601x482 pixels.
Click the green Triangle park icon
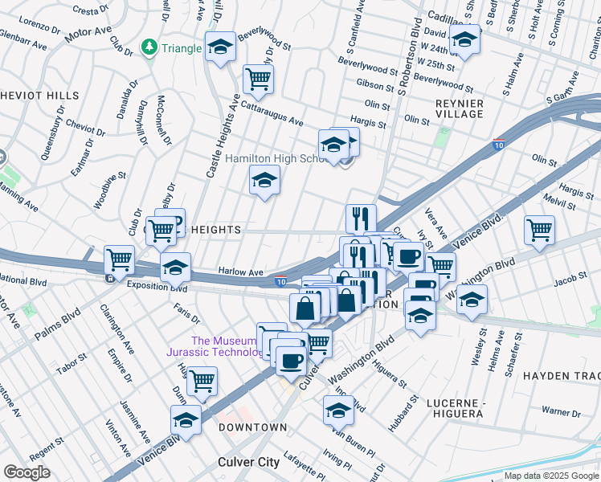[149, 48]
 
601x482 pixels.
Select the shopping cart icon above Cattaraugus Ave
[258, 79]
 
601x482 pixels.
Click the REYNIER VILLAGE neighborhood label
[460, 108]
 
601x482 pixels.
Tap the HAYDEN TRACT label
[561, 375]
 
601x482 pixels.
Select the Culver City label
[249, 462]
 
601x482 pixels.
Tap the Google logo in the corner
[27, 472]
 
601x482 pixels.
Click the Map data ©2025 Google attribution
[551, 476]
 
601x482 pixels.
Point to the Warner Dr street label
[561, 412]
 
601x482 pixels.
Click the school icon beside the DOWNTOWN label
[186, 420]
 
